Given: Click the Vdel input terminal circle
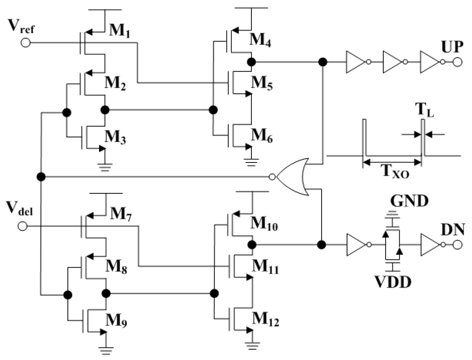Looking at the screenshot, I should point(22,227).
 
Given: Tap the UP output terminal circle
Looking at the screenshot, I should point(457,62).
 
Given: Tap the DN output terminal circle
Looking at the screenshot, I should point(457,244).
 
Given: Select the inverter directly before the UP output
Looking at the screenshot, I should point(430,62).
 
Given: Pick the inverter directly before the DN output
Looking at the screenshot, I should point(430,244).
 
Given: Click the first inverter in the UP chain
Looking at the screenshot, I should point(356,62).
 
